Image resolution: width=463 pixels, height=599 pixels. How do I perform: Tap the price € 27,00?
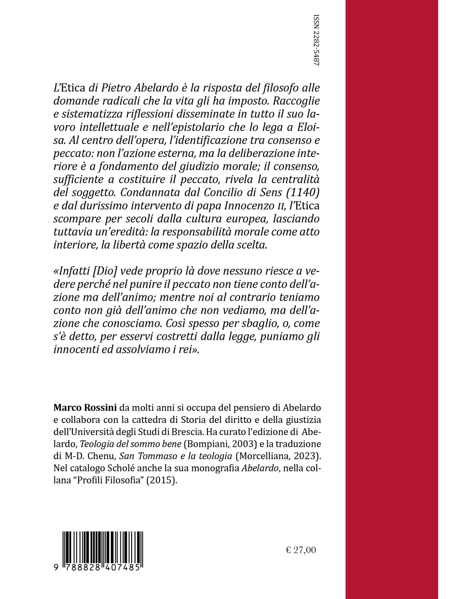301,549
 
